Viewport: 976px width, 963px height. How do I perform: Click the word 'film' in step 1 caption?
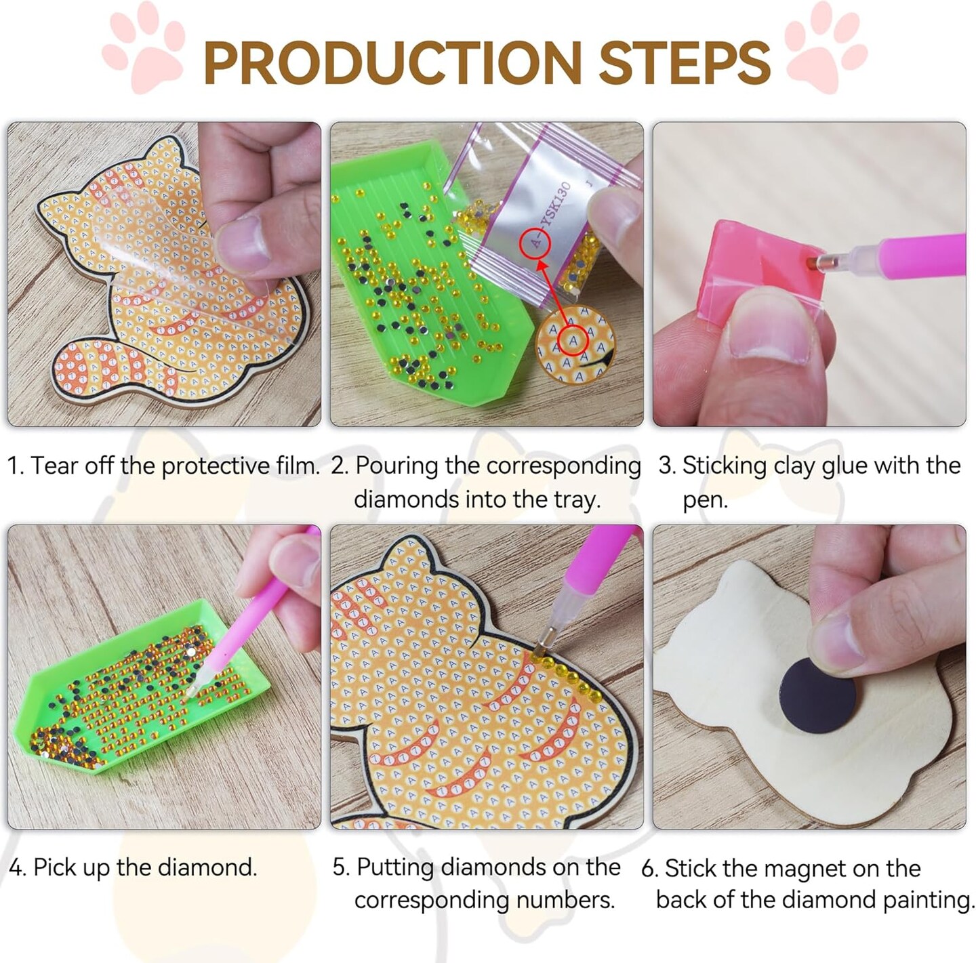294,466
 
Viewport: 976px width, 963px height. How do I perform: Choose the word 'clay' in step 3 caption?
794,466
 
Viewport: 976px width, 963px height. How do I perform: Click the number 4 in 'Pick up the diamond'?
16,867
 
